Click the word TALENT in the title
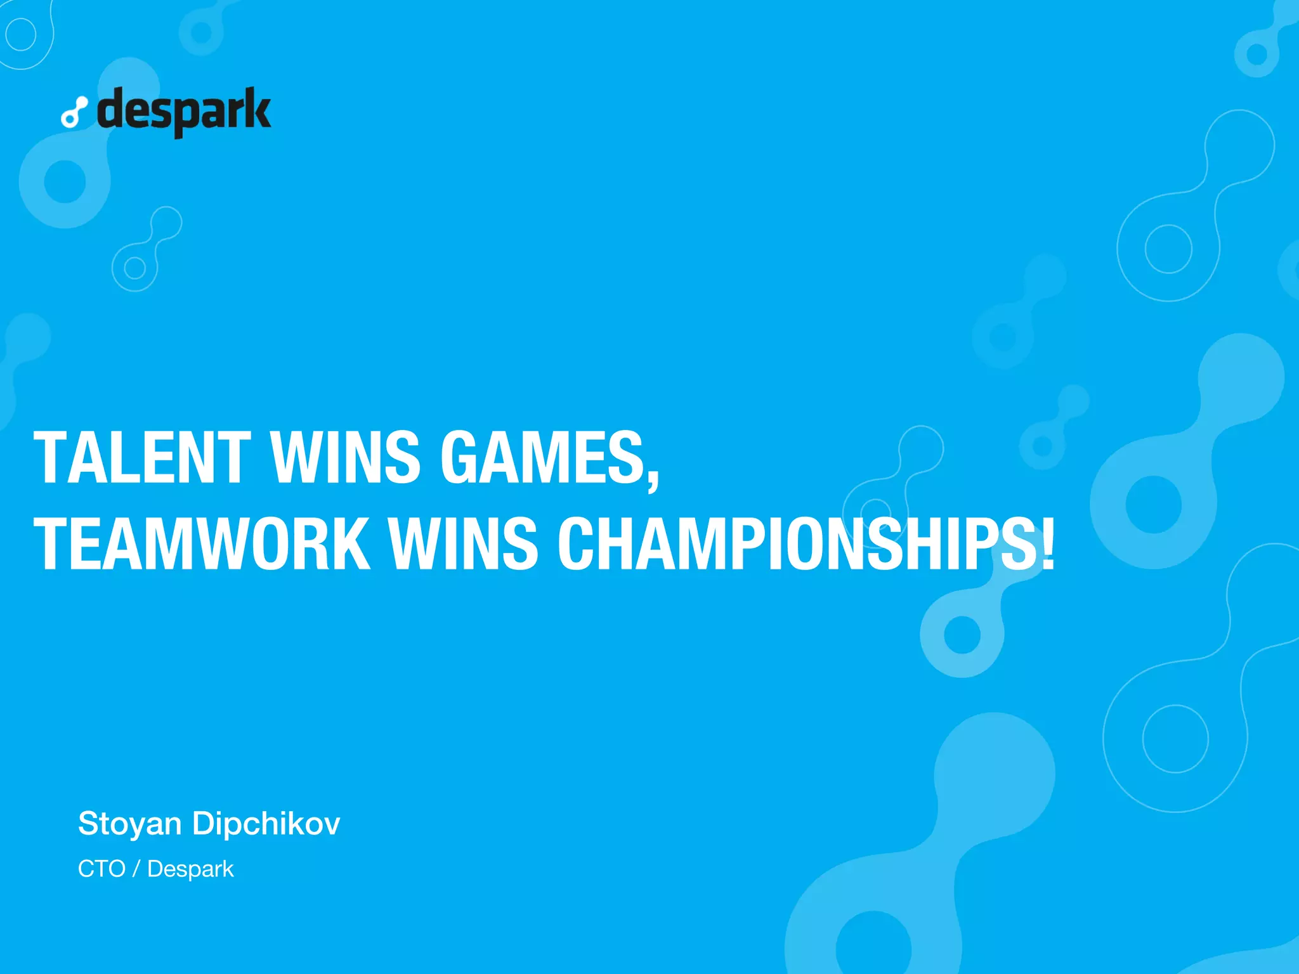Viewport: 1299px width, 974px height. tap(143, 457)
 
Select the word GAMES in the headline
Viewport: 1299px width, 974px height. tap(543, 457)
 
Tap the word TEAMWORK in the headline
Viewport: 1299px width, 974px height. tap(202, 544)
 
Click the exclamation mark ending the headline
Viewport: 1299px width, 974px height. tap(1047, 544)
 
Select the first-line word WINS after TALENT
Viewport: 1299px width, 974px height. tap(345, 457)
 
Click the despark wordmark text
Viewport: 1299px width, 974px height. tap(184, 111)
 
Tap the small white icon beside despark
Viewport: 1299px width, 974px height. tap(74, 113)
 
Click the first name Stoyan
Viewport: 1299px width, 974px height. tap(130, 824)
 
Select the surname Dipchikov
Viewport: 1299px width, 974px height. tap(266, 824)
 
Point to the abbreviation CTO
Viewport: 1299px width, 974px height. tap(101, 869)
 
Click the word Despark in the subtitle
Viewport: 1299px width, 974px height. tap(190, 869)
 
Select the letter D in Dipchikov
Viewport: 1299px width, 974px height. tap(204, 824)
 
